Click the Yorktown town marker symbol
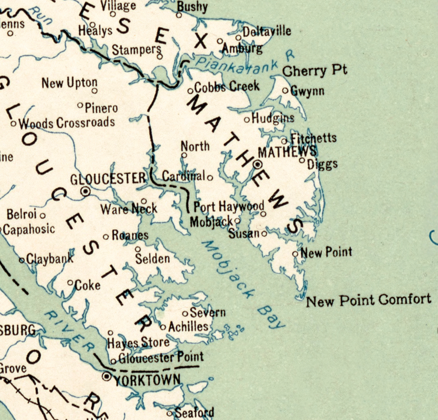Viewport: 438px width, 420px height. pos(107,376)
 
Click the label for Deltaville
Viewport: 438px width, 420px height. pos(267,32)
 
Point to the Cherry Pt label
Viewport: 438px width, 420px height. pos(315,71)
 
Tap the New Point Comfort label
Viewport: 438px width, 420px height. pos(368,300)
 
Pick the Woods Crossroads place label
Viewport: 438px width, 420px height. pos(67,123)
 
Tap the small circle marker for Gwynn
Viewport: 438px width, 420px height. pos(285,91)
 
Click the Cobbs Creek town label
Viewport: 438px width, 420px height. pos(227,86)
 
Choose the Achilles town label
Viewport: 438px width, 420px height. pos(188,327)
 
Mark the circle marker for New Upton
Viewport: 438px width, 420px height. pos(94,91)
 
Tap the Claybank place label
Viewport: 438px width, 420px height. pos(50,259)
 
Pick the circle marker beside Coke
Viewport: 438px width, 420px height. pos(70,283)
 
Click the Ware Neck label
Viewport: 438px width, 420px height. pos(129,209)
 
